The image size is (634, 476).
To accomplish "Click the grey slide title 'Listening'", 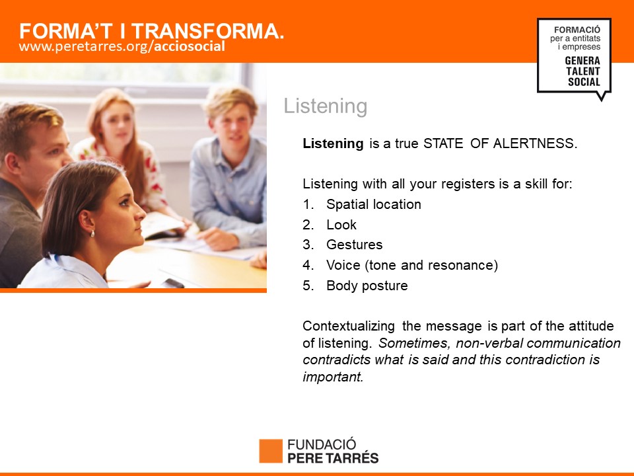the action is [326, 106].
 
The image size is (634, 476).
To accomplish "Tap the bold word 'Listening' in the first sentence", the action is [333, 143].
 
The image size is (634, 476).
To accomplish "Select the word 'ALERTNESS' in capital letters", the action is [534, 143].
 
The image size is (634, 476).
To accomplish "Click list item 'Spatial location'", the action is [374, 204].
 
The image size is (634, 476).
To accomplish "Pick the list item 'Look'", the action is [341, 225].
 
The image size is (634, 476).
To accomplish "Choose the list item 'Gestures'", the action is [354, 245].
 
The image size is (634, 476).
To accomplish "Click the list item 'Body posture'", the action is [367, 286].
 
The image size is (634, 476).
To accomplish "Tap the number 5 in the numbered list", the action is [307, 286].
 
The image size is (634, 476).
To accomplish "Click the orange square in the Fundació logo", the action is [271, 451].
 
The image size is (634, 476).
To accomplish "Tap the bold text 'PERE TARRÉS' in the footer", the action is [333, 457].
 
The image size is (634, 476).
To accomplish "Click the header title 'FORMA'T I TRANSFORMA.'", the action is [152, 31].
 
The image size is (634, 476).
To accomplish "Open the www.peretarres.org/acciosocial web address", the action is [122, 46].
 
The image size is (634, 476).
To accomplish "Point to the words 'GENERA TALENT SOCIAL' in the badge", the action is [582, 71].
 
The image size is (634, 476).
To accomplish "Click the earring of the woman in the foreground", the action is [92, 233].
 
